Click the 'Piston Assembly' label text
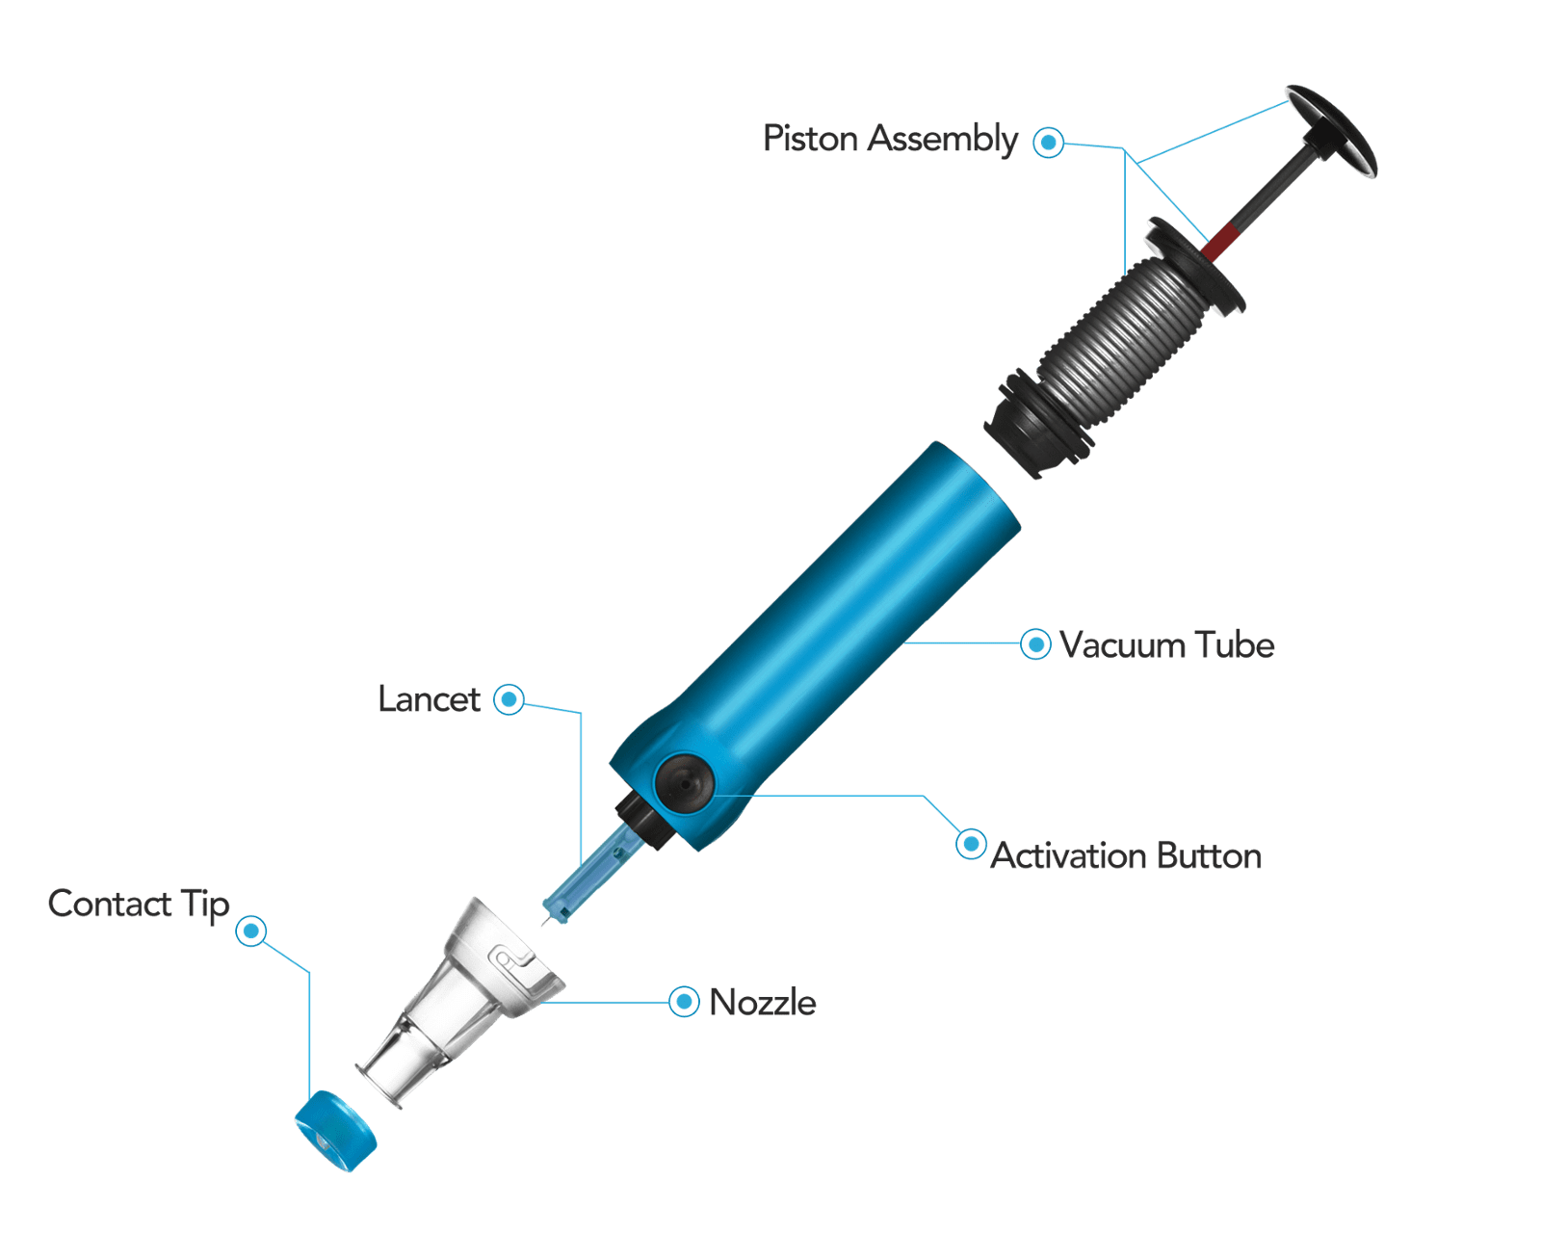coord(890,140)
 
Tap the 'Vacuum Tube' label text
coord(1166,644)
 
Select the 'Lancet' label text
coord(429,699)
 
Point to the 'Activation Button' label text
coord(1126,855)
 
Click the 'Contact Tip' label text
coord(138,905)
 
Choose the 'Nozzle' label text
coord(762,1003)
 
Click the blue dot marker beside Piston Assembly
coord(1048,142)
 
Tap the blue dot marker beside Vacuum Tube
coord(1035,644)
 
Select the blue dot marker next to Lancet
coord(509,699)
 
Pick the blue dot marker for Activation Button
coord(971,844)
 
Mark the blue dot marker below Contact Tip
coord(250,931)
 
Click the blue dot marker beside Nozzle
coord(684,1001)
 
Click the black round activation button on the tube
coord(684,783)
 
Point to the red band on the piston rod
coord(1221,242)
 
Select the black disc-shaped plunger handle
coord(1332,131)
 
